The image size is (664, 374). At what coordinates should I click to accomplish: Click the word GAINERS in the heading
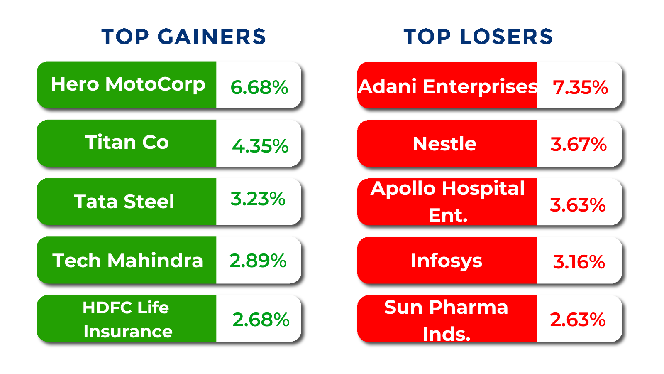[x=212, y=37]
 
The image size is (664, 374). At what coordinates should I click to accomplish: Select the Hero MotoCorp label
[x=128, y=85]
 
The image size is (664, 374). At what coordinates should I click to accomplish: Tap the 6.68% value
[x=259, y=87]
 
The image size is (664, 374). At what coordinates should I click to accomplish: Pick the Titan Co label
[x=127, y=142]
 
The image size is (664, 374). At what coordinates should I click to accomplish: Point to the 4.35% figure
[x=260, y=146]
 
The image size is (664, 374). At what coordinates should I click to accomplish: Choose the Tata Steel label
[x=124, y=202]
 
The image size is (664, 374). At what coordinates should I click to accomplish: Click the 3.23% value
[x=258, y=199]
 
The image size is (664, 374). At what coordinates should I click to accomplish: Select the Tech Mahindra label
[x=127, y=260]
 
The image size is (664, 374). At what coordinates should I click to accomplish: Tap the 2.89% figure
[x=258, y=261]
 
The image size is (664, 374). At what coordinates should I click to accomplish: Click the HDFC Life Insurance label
[x=127, y=320]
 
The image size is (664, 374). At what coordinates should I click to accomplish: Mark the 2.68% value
[x=261, y=320]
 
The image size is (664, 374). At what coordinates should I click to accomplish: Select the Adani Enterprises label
[x=448, y=87]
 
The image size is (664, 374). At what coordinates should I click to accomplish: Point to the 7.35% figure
[x=581, y=87]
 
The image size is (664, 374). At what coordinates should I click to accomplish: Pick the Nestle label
[x=444, y=144]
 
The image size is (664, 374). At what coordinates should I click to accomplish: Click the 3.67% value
[x=579, y=145]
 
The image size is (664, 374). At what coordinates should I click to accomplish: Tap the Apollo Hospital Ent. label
[x=448, y=202]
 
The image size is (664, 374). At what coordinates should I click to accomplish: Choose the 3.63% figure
[x=577, y=205]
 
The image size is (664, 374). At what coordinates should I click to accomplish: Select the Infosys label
[x=447, y=261]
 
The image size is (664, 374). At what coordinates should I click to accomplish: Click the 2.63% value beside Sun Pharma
[x=577, y=320]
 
